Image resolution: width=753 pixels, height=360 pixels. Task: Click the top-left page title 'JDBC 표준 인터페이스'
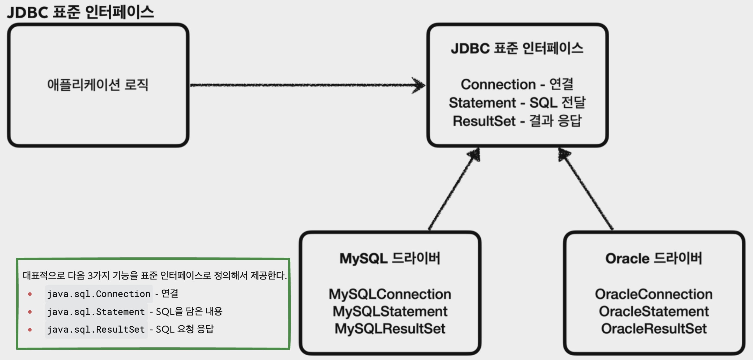[x=81, y=12]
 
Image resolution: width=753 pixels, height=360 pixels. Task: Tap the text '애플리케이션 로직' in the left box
[x=98, y=85]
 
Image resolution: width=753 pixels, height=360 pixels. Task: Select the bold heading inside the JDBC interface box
[x=517, y=48]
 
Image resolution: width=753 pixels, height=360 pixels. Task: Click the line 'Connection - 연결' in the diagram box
[x=517, y=85]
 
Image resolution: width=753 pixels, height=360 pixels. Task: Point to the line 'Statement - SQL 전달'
[x=517, y=103]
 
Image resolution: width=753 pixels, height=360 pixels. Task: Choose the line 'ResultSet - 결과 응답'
[x=517, y=121]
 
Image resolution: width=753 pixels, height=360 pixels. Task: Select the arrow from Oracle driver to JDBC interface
[x=586, y=189]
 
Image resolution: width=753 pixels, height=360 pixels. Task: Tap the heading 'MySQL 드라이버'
[x=390, y=259]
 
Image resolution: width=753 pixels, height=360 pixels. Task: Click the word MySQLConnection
[x=390, y=294]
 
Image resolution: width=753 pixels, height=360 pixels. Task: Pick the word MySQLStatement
[x=390, y=311]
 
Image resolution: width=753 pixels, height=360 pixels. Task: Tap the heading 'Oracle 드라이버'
[x=654, y=259]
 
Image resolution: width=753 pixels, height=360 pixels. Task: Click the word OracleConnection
[x=654, y=294]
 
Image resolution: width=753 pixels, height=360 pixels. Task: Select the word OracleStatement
[x=654, y=311]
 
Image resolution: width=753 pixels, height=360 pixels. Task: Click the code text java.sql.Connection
[x=99, y=294]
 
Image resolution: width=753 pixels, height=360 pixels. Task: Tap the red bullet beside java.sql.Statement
[x=30, y=312]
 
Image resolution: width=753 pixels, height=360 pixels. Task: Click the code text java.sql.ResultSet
[x=96, y=330]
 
